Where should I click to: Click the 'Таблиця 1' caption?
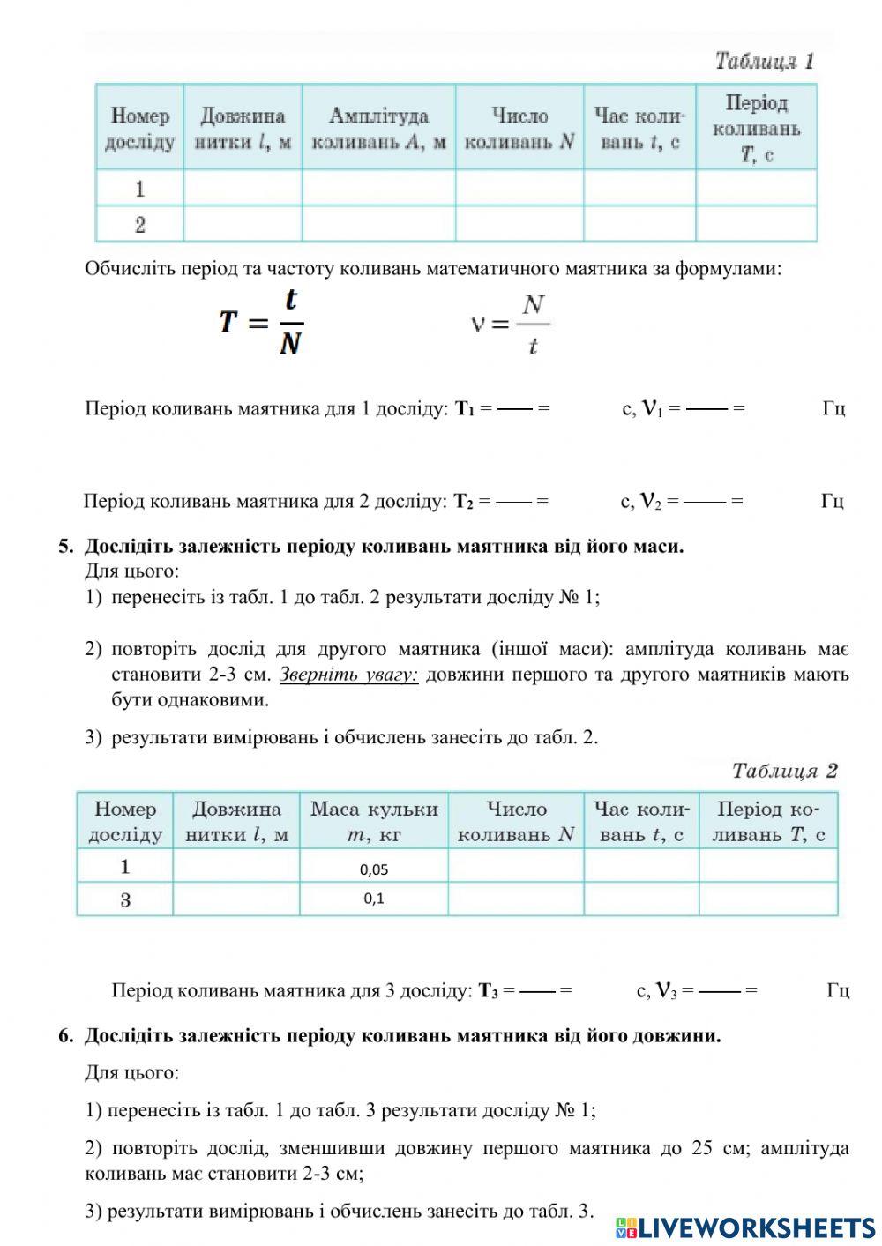point(764,62)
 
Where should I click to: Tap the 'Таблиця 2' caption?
point(783,771)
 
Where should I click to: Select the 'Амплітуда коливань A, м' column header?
point(378,129)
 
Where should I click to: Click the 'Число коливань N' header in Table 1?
point(519,129)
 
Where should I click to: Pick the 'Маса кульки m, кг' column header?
point(374,821)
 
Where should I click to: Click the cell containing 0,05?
point(374,869)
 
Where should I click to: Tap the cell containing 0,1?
point(374,899)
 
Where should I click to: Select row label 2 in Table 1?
point(140,225)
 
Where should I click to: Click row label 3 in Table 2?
point(125,900)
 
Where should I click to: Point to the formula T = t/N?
point(262,322)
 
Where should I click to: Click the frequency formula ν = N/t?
point(511,325)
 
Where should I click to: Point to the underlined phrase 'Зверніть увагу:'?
point(348,675)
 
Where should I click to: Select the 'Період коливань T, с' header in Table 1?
point(756,129)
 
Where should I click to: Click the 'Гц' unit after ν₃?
point(838,991)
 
